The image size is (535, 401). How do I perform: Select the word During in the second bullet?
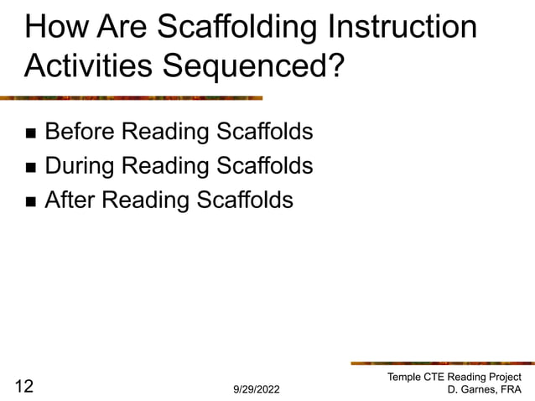(79, 166)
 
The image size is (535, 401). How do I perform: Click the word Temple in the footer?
(405, 378)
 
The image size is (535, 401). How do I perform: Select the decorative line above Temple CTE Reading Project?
(441, 363)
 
